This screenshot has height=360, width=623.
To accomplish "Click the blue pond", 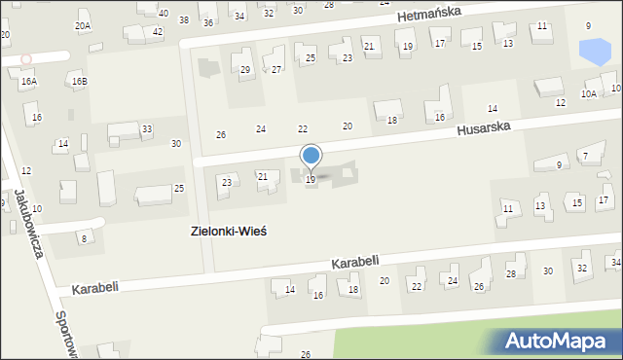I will point(590,51).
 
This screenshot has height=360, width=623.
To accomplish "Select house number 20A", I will point(83,26).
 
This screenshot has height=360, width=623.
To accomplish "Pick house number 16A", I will point(29,82).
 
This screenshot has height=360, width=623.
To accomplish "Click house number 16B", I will point(79,81).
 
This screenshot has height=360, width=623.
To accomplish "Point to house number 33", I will point(147,128).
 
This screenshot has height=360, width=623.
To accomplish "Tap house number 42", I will point(158,31).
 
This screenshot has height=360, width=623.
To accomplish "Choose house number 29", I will point(245,69).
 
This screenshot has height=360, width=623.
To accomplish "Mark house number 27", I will point(276,69).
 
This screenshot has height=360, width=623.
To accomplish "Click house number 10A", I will point(588,93).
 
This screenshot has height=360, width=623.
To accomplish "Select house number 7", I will point(584,156).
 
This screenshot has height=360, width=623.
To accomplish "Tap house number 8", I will point(84,238).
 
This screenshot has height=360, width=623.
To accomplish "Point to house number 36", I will point(207,22).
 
